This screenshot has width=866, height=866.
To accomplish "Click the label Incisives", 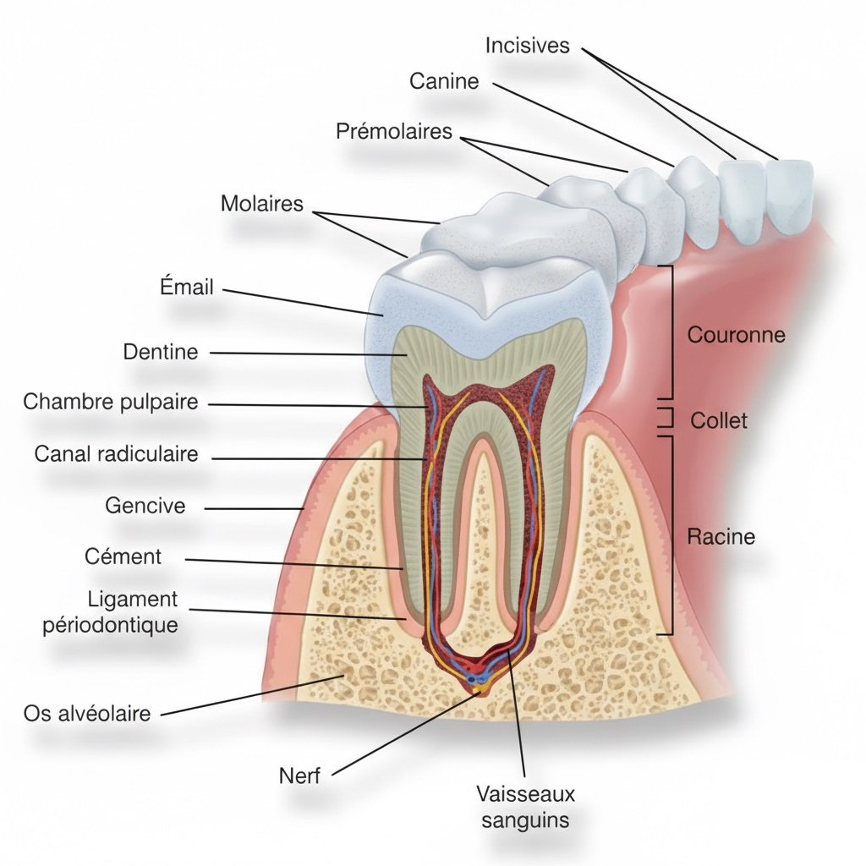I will click(528, 46).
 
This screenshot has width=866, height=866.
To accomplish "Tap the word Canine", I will click(444, 81).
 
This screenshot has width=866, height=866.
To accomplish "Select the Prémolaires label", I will click(394, 132).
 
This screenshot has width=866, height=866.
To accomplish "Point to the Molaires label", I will click(261, 204).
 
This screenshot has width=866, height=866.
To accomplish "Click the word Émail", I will click(187, 287).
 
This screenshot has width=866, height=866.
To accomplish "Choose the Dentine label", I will click(161, 351).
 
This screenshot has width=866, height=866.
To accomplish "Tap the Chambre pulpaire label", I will click(111, 401).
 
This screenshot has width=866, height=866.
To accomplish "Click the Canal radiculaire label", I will click(117, 453).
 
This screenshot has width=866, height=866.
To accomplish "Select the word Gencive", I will click(145, 506).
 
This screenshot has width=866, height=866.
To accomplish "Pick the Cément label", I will click(123, 556).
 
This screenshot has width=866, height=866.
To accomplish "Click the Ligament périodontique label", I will click(133, 611).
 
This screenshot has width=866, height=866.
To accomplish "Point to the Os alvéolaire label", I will click(87, 713).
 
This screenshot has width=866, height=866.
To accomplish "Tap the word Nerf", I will click(300, 775).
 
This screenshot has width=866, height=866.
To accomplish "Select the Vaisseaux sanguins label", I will click(525, 807).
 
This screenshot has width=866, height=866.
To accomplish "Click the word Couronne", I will click(736, 335).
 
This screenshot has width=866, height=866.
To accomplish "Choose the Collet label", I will click(719, 419).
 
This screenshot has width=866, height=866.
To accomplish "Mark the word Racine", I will click(721, 536).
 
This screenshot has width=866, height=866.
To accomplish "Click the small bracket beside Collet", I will click(667, 418).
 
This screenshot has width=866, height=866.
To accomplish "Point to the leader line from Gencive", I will click(254, 508).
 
